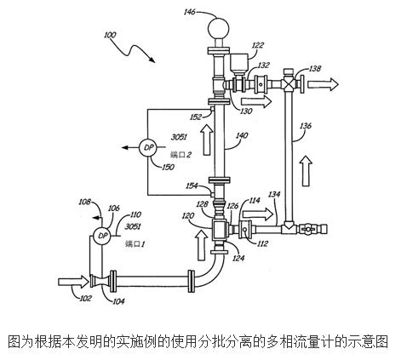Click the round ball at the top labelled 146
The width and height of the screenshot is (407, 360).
pyautogui.click(x=219, y=28)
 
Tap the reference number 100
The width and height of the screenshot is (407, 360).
pyautogui.click(x=110, y=35)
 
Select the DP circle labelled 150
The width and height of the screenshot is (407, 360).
pyautogui.click(x=148, y=147)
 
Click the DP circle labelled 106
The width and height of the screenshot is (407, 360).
pyautogui.click(x=102, y=236)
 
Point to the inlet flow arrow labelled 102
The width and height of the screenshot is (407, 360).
pyautogui.click(x=73, y=282)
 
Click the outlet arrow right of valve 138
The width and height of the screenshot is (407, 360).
pyautogui.click(x=323, y=84)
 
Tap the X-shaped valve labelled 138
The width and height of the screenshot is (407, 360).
pyautogui.click(x=289, y=84)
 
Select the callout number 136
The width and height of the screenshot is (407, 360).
pyautogui.click(x=306, y=125)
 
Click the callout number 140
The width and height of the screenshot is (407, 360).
pyautogui.click(x=242, y=135)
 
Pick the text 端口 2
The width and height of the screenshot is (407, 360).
pyautogui.click(x=181, y=155)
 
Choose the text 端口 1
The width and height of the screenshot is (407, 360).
pyautogui.click(x=135, y=243)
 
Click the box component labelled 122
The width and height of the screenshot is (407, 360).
pyautogui.click(x=238, y=63)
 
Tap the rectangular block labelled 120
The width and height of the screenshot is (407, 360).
pyautogui.click(x=219, y=229)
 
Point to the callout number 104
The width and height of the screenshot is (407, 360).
pyautogui.click(x=118, y=300)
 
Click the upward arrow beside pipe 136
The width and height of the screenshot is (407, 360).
pyautogui.click(x=307, y=170)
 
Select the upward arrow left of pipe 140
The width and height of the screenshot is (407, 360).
pyautogui.click(x=208, y=140)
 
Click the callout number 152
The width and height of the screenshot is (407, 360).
pyautogui.click(x=196, y=117)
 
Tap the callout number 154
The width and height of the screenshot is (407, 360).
pyautogui.click(x=192, y=186)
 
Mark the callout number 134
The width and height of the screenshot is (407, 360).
pyautogui.click(x=274, y=194)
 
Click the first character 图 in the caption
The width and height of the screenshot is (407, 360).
pyautogui.click(x=14, y=341)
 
